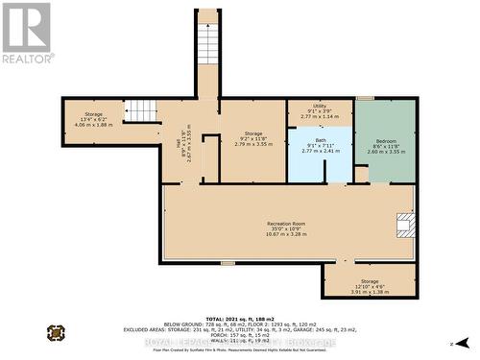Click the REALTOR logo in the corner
point(28,33)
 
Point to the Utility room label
point(319,109)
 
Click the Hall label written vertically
point(178,145)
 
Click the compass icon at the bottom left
point(56,333)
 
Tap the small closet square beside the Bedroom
point(361,174)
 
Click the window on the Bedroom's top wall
point(365,98)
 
